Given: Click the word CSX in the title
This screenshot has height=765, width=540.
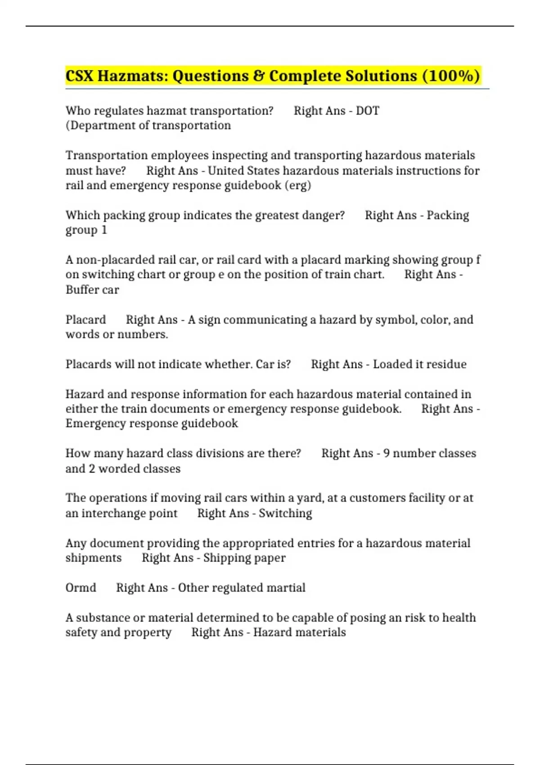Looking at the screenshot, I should click(79, 76).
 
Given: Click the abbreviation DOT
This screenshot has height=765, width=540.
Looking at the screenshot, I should click(368, 111).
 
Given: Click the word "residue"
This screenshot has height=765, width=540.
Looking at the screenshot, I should click(445, 364).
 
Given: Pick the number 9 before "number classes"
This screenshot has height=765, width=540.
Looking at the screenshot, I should click(386, 453).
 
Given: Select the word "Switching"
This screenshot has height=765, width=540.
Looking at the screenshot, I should click(285, 513).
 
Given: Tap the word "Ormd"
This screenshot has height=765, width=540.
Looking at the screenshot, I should click(81, 588).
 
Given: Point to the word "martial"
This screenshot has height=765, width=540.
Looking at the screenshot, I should click(286, 588).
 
